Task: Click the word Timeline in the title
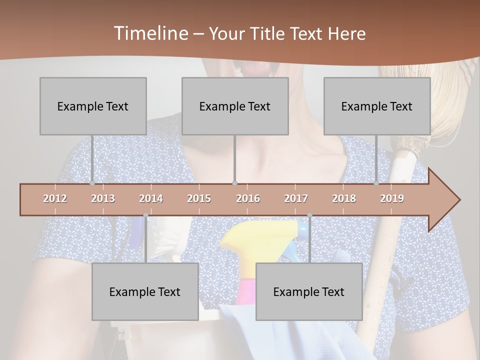pos(149,33)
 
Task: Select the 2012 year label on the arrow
pos(55,198)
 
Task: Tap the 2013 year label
pos(103,198)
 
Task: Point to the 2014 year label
pos(151,198)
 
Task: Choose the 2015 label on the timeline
pos(199,198)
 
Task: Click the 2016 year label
pos(248,198)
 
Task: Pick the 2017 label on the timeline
pos(296,198)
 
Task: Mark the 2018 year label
pos(344,198)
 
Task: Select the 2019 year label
pos(392,198)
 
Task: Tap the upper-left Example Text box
pos(93,106)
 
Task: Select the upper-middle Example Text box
pos(235,106)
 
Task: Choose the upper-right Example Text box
pos(377,106)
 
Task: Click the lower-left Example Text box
pos(145,291)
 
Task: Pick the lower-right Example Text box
pos(309,291)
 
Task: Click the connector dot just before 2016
pos(235,183)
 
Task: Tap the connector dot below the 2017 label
pos(309,215)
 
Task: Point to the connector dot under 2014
pos(145,215)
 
